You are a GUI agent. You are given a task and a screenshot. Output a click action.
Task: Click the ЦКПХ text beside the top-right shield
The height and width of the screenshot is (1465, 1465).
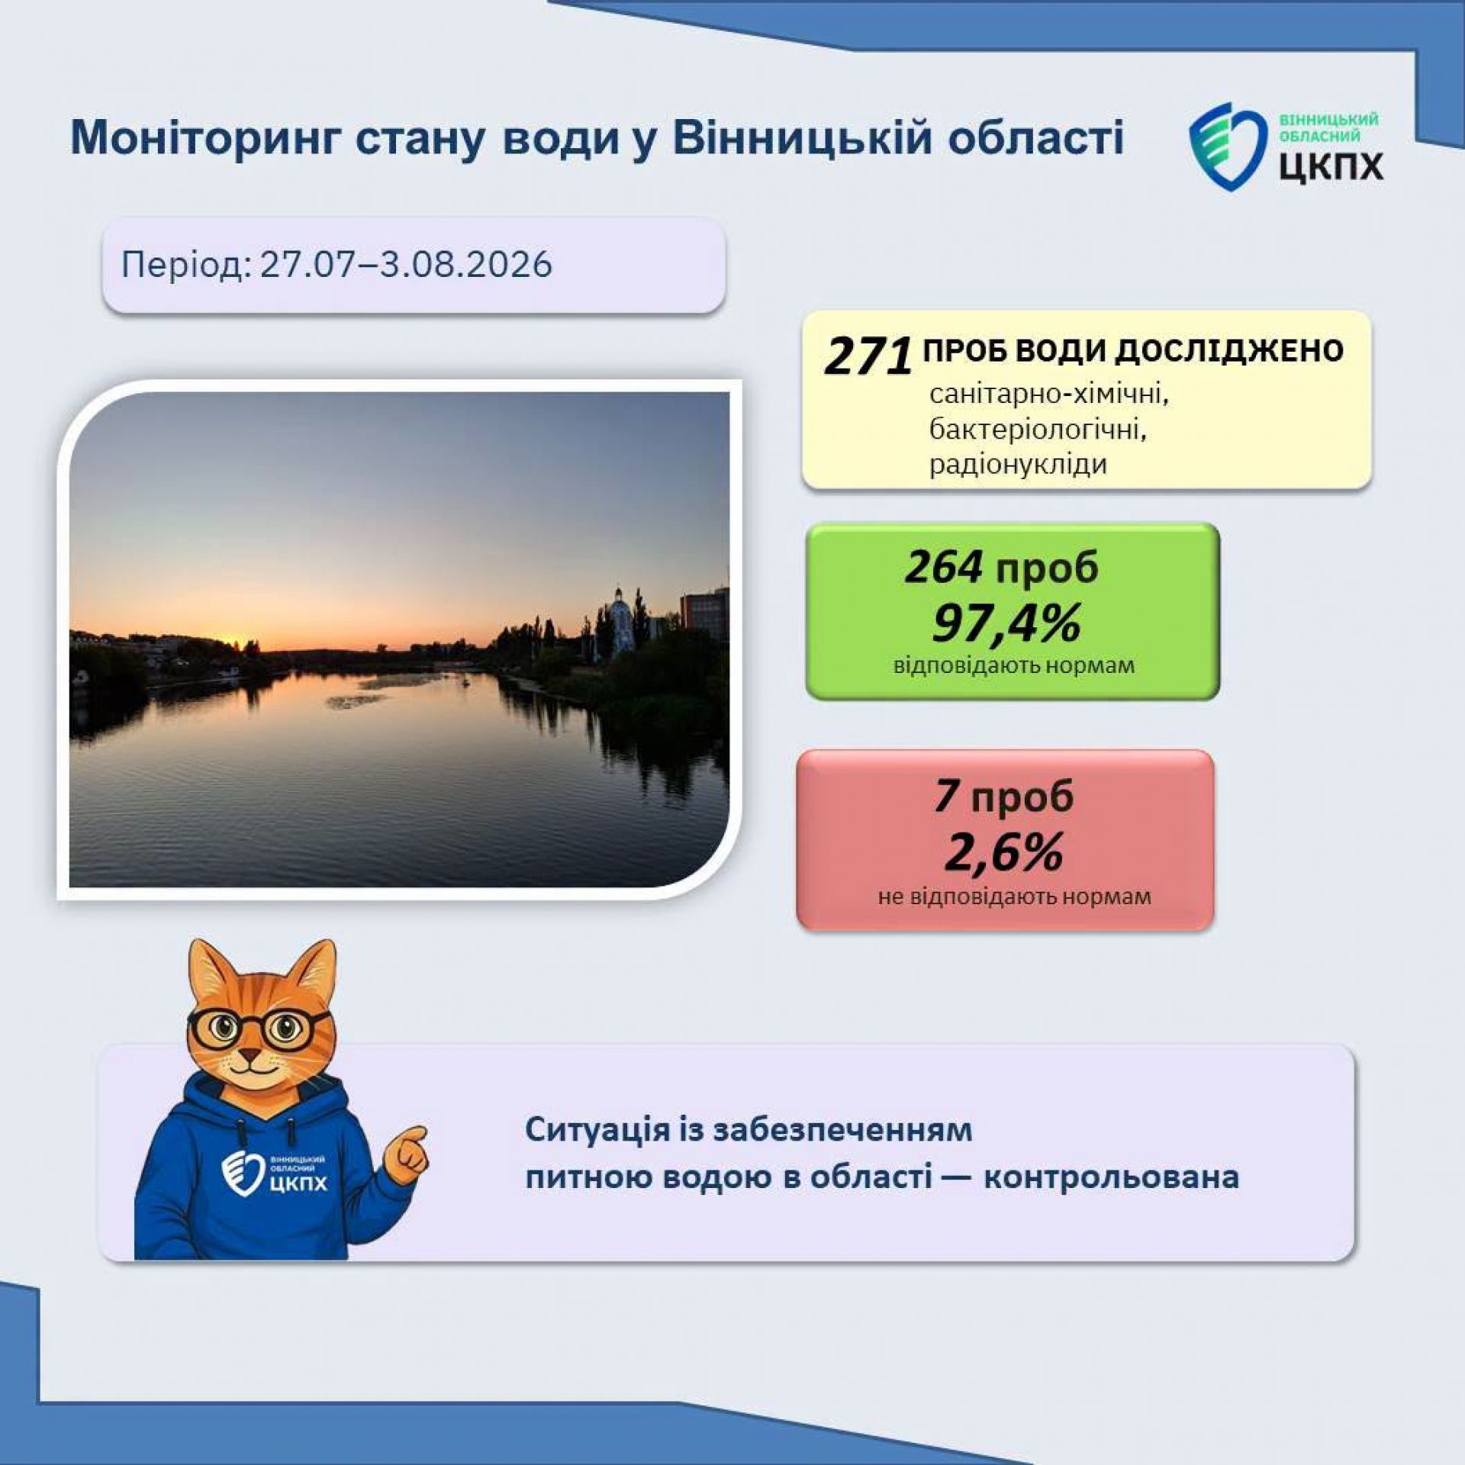click(x=1331, y=165)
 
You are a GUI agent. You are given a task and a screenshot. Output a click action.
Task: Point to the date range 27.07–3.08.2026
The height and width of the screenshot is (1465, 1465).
click(x=406, y=265)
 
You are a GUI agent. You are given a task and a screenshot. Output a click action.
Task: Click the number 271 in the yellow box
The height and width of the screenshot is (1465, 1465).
click(x=868, y=356)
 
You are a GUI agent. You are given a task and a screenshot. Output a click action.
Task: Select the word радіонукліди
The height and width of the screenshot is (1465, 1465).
click(x=1018, y=465)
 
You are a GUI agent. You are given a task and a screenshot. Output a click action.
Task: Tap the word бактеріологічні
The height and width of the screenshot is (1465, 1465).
click(x=1038, y=430)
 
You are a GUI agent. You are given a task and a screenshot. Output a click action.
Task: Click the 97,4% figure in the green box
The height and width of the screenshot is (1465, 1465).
click(x=1006, y=623)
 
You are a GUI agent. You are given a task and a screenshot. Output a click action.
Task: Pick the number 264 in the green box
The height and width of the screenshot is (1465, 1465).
click(x=944, y=567)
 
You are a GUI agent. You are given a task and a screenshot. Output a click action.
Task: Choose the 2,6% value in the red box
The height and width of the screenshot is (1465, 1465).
click(x=1003, y=852)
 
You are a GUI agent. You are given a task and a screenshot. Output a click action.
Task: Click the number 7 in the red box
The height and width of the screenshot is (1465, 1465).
click(x=945, y=796)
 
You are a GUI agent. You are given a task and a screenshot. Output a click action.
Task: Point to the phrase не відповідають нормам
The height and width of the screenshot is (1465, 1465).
click(x=1014, y=896)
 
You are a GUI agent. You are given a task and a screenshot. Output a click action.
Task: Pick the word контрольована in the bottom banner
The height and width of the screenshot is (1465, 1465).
click(x=1111, y=1177)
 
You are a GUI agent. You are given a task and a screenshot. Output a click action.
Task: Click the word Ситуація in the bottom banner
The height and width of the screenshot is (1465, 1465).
click(x=597, y=1130)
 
